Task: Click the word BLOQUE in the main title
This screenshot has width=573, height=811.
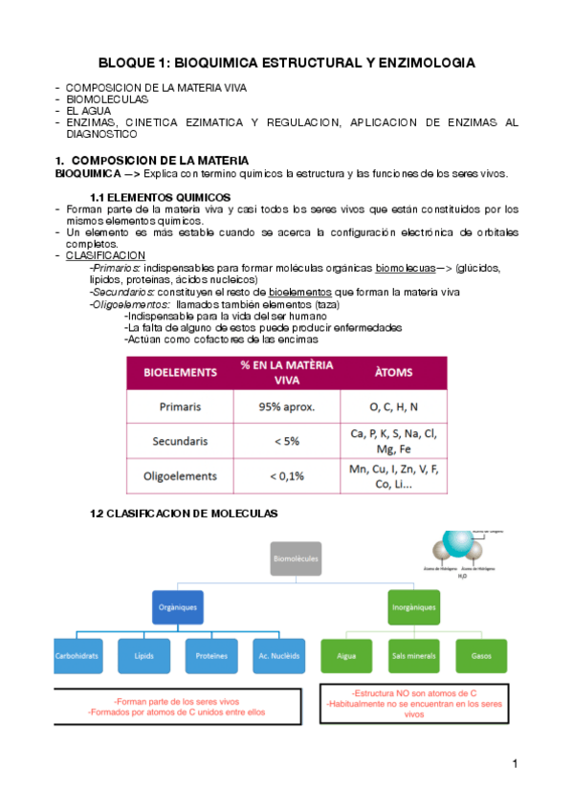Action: coord(130,62)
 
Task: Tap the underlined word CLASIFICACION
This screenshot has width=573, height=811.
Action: coord(105,255)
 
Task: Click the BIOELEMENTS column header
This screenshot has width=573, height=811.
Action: coord(181,371)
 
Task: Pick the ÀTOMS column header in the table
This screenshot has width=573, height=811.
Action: coord(393,371)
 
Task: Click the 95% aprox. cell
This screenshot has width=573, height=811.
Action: coord(287,406)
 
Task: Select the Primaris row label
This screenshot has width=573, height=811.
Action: coord(181,406)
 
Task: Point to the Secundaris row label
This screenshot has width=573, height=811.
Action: coord(181,441)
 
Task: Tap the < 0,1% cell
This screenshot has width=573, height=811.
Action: coord(287,475)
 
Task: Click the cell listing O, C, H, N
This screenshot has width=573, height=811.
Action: coord(393,406)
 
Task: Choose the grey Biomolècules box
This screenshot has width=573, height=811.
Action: coord(297,557)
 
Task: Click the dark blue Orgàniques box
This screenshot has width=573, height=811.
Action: coord(178,607)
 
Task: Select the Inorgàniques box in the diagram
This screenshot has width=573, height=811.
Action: coord(414,607)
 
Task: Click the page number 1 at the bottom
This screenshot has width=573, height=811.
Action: coord(515,763)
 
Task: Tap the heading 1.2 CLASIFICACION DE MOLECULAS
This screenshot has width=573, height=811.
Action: coord(183,514)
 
